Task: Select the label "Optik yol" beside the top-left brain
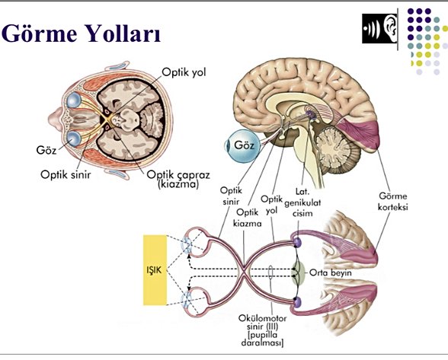[x=184, y=74]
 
